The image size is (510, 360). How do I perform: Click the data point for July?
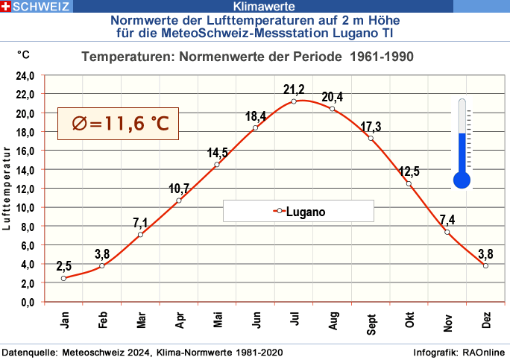click(294, 101)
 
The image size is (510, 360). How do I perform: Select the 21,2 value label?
click(294, 89)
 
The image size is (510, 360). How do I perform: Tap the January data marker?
click(63, 278)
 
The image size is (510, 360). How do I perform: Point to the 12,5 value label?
click(409, 171)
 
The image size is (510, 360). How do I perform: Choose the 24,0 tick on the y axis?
click(26, 75)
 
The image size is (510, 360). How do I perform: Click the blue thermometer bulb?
click(462, 179)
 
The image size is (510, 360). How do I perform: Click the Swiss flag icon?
click(7, 7)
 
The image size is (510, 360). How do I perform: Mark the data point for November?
click(447, 232)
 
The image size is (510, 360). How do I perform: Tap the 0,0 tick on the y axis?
click(28, 302)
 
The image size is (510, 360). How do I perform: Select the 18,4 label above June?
click(256, 116)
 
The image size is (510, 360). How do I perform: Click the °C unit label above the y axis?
click(24, 55)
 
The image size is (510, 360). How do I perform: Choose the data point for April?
click(179, 200)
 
